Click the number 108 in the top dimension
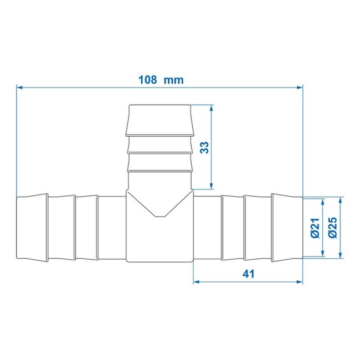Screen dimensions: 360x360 147,79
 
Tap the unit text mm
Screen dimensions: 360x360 174,79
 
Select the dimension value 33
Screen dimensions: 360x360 204,148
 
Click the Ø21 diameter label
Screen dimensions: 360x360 315,228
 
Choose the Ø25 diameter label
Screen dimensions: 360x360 333,228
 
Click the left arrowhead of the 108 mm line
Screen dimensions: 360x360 20,86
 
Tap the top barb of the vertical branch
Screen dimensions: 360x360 160,120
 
